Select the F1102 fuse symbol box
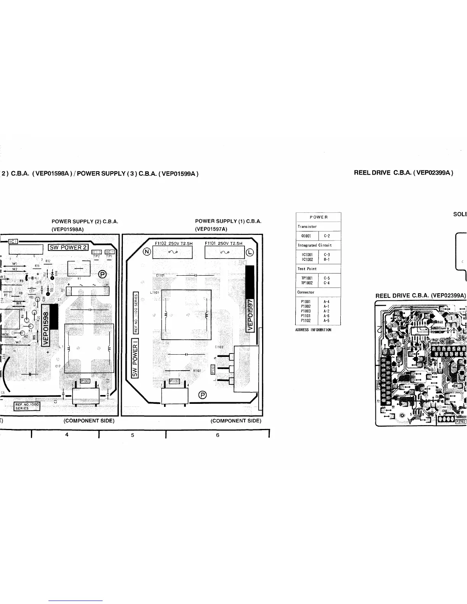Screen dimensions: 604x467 coord(172,252)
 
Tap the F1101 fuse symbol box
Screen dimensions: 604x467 coord(224,252)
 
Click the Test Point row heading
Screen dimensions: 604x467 coord(307,269)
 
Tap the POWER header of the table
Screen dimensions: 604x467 coord(319,217)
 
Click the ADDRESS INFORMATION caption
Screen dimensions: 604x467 coord(313,330)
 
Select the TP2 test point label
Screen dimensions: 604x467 coord(96,256)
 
